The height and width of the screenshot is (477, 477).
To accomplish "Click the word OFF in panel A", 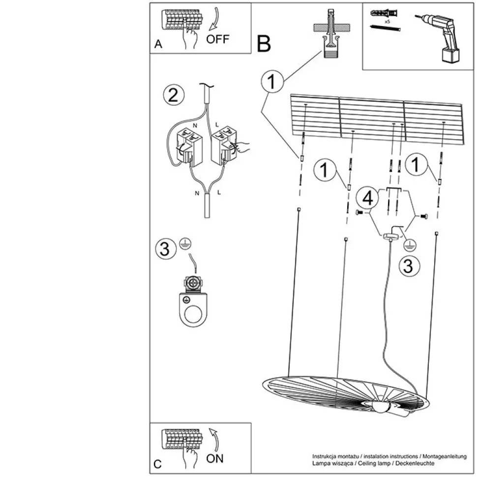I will click(218, 39).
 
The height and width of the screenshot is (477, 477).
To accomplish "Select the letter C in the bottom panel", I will click(157, 464).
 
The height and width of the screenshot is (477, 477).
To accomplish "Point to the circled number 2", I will click(173, 95).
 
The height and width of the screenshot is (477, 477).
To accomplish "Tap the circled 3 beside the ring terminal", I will click(165, 248).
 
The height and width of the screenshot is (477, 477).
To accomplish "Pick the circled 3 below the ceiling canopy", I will click(408, 266).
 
